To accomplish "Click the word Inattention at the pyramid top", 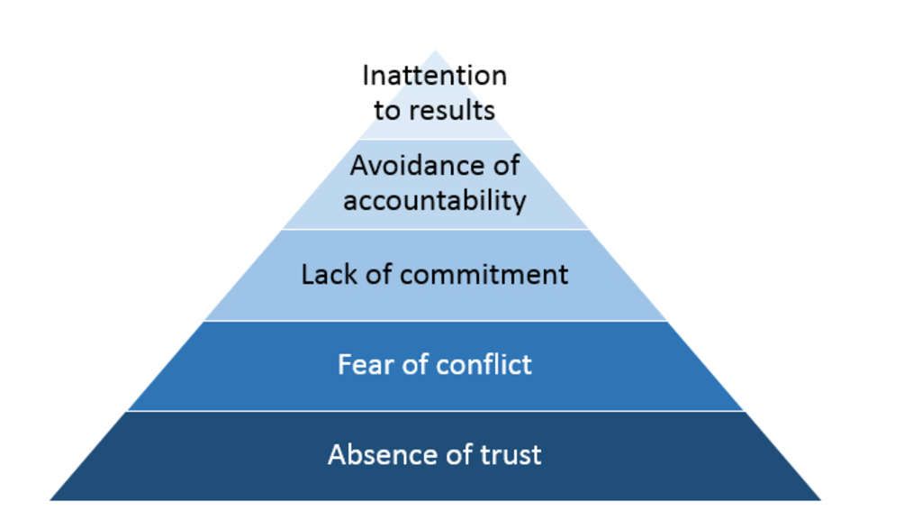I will coord(435,76).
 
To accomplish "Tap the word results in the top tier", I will coord(452,111).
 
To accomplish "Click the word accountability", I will coord(435,199).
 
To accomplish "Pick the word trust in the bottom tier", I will coord(510,454).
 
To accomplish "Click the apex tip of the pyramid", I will coord(435,52).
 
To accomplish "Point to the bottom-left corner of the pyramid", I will coord(51,498).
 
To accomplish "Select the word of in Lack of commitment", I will coord(378,274).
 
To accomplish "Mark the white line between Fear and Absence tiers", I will coord(435,411).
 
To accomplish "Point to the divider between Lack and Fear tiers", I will coord(435,321).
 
